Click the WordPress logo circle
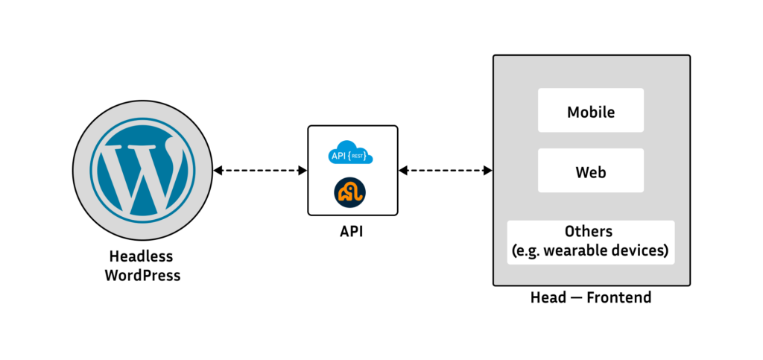[x=142, y=171]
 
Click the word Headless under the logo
[x=142, y=256]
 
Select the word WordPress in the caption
[x=142, y=274]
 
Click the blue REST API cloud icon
[x=350, y=153]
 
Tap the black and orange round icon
[x=349, y=192]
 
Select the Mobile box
[x=590, y=112]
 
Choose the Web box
[x=590, y=172]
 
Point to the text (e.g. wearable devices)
[x=589, y=250]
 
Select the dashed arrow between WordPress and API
[x=260, y=171]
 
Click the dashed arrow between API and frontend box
[x=445, y=171]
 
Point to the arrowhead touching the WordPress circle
[x=218, y=171]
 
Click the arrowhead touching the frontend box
[x=488, y=171]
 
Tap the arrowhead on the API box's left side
[x=303, y=171]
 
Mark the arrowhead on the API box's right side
[x=403, y=171]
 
